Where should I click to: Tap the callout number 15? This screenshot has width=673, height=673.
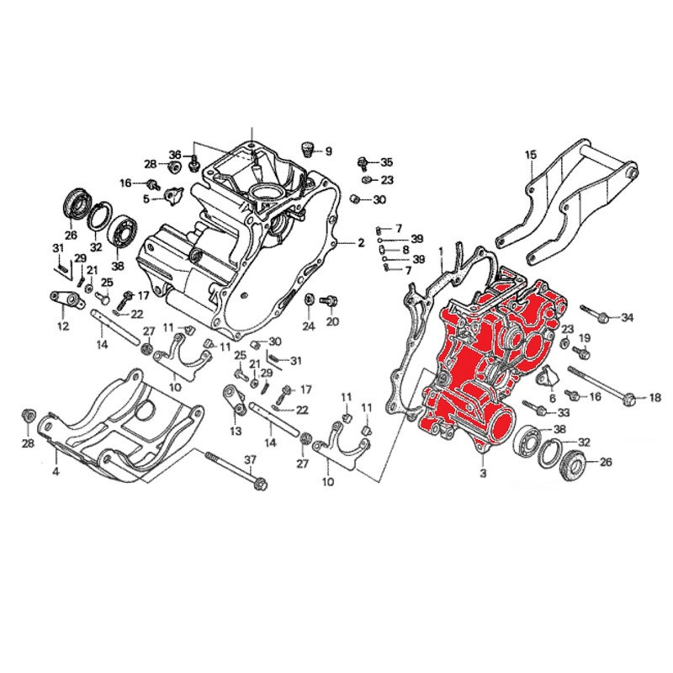pos(531,155)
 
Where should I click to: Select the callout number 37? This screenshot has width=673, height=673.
pos(249,459)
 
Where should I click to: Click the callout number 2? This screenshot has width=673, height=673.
pos(361,243)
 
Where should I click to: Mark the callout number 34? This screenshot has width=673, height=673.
pos(627,317)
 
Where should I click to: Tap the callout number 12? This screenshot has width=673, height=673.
pos(62,326)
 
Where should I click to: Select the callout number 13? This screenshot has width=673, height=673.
pos(235,431)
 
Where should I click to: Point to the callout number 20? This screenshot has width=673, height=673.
pos(331,321)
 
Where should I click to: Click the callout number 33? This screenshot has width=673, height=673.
pos(564,412)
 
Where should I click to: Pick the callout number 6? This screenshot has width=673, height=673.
pos(553,398)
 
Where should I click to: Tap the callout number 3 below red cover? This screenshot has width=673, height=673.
pos(484,475)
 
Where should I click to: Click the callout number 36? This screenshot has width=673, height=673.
pos(175,155)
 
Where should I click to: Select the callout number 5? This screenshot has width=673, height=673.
pos(146,199)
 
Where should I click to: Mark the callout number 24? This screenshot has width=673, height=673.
pos(309,325)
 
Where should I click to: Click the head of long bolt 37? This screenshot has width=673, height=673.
pos(260,485)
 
